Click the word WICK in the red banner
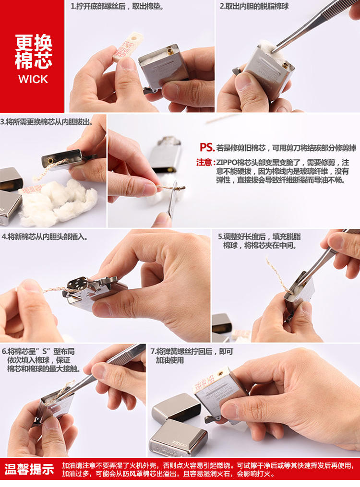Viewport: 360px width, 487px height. pyautogui.click(x=33, y=79)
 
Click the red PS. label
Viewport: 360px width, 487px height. pyautogui.click(x=207, y=147)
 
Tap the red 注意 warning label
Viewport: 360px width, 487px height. pyautogui.click(x=204, y=163)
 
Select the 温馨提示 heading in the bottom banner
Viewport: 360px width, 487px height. pyautogui.click(x=29, y=469)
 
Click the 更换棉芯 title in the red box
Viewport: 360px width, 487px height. pyautogui.click(x=34, y=51)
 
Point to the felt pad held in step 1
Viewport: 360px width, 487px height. pyautogui.click(x=127, y=47)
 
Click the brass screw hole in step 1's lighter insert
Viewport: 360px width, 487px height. pyautogui.click(x=170, y=52)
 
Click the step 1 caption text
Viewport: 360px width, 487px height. pyautogui.click(x=118, y=6)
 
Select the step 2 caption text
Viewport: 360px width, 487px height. pyautogui.click(x=254, y=6)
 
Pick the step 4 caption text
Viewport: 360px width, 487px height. pyautogui.click(x=45, y=237)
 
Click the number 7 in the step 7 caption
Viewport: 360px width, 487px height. pyautogui.click(x=153, y=352)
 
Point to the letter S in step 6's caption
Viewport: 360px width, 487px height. pyautogui.click(x=45, y=352)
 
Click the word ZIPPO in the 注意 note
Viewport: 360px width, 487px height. pyautogui.click(x=226, y=163)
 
